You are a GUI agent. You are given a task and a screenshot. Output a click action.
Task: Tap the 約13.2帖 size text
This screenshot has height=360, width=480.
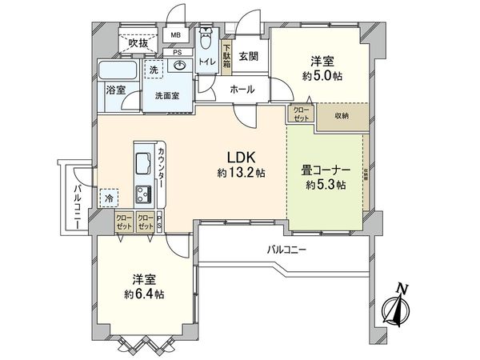tap(236, 173)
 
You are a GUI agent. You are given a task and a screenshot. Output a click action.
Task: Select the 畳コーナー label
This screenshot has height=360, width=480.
tap(325, 170)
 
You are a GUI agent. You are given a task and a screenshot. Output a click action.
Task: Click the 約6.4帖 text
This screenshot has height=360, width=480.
tap(144, 294)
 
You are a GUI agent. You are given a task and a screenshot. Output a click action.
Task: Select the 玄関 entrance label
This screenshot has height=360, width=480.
tap(247, 56)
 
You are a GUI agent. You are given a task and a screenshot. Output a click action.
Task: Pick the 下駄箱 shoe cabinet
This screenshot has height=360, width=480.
tap(226, 57)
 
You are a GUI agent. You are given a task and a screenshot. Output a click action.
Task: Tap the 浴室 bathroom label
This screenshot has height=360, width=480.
tap(115, 90)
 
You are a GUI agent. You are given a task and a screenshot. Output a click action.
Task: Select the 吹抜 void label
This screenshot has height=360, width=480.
tap(139, 42)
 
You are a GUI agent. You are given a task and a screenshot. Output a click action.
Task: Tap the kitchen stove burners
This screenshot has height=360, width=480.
tap(145, 193)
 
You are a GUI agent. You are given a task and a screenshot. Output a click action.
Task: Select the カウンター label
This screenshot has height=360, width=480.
tap(162, 169)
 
